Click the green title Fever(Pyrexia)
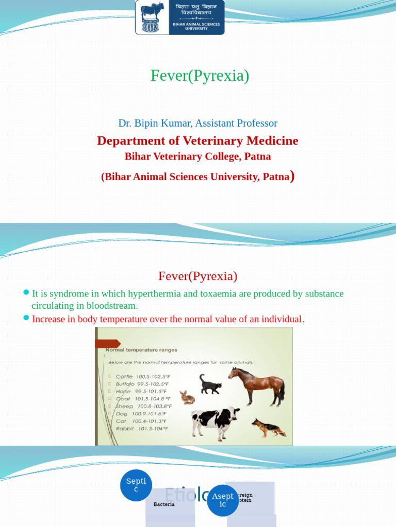[200, 76]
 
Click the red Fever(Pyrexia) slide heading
[197, 276]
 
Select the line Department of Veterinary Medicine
[197, 140]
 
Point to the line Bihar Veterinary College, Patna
[197, 156]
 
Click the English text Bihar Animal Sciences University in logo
[196, 26]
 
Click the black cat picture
[210, 385]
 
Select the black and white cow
[214, 421]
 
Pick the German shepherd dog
[269, 427]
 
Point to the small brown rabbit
[187, 397]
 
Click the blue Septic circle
[136, 485]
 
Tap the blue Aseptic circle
[223, 500]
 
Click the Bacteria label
[164, 504]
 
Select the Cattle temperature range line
[142, 377]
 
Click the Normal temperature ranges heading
[141, 350]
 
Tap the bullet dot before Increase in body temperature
[26, 318]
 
